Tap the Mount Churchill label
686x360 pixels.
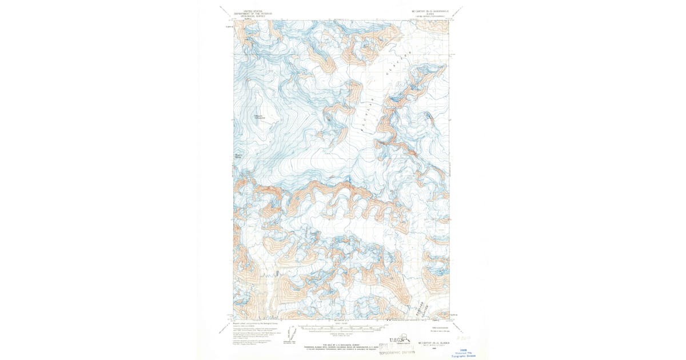(260, 117)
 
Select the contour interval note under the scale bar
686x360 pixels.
(342, 335)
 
